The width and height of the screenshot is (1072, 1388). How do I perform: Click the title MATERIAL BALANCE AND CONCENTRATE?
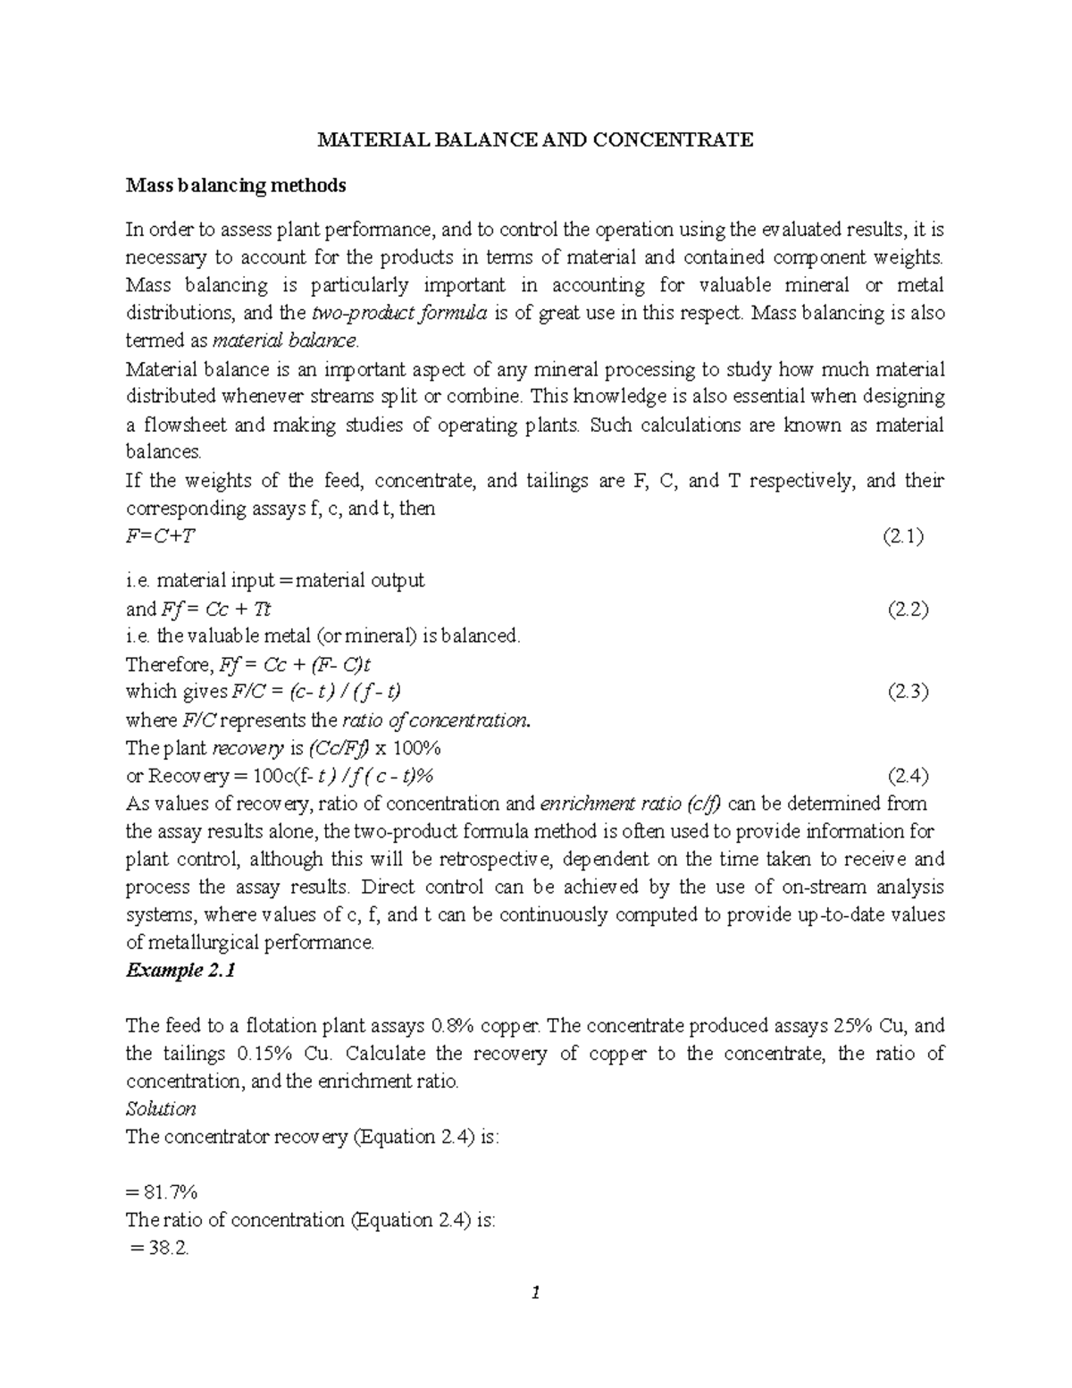[536, 139]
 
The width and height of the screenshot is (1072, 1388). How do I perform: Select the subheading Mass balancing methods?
[236, 186]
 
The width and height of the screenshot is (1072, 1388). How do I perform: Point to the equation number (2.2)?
[908, 610]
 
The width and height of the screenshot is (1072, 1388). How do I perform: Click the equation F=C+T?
[161, 536]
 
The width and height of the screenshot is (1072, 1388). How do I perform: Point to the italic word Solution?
[161, 1109]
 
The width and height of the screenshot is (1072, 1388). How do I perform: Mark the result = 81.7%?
[163, 1192]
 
